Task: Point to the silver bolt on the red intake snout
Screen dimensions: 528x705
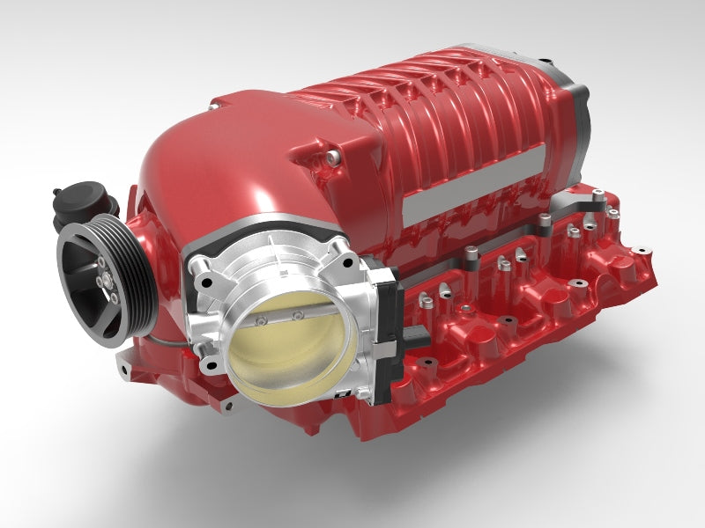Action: pyautogui.click(x=331, y=158)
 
